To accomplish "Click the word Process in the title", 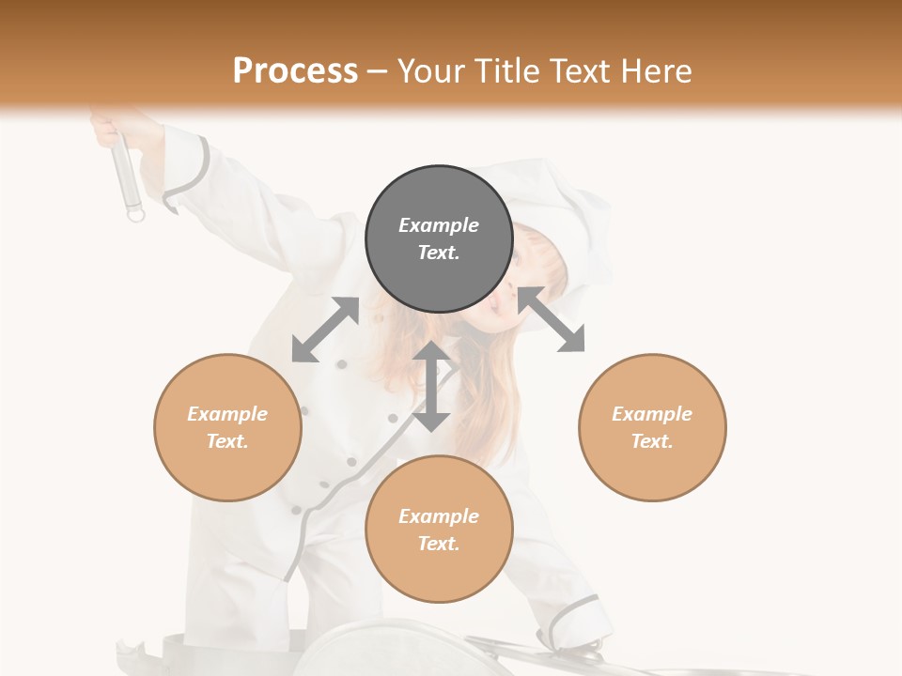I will point(295,71).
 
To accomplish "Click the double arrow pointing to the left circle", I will point(325,330).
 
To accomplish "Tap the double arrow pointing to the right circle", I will point(552,319).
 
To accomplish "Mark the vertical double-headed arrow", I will point(431,386).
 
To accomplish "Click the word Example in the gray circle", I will point(439,225).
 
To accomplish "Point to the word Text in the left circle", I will point(227,441).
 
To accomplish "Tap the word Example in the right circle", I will point(652,414).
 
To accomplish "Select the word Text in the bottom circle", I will point(439,544).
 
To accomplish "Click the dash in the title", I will point(377,72).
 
